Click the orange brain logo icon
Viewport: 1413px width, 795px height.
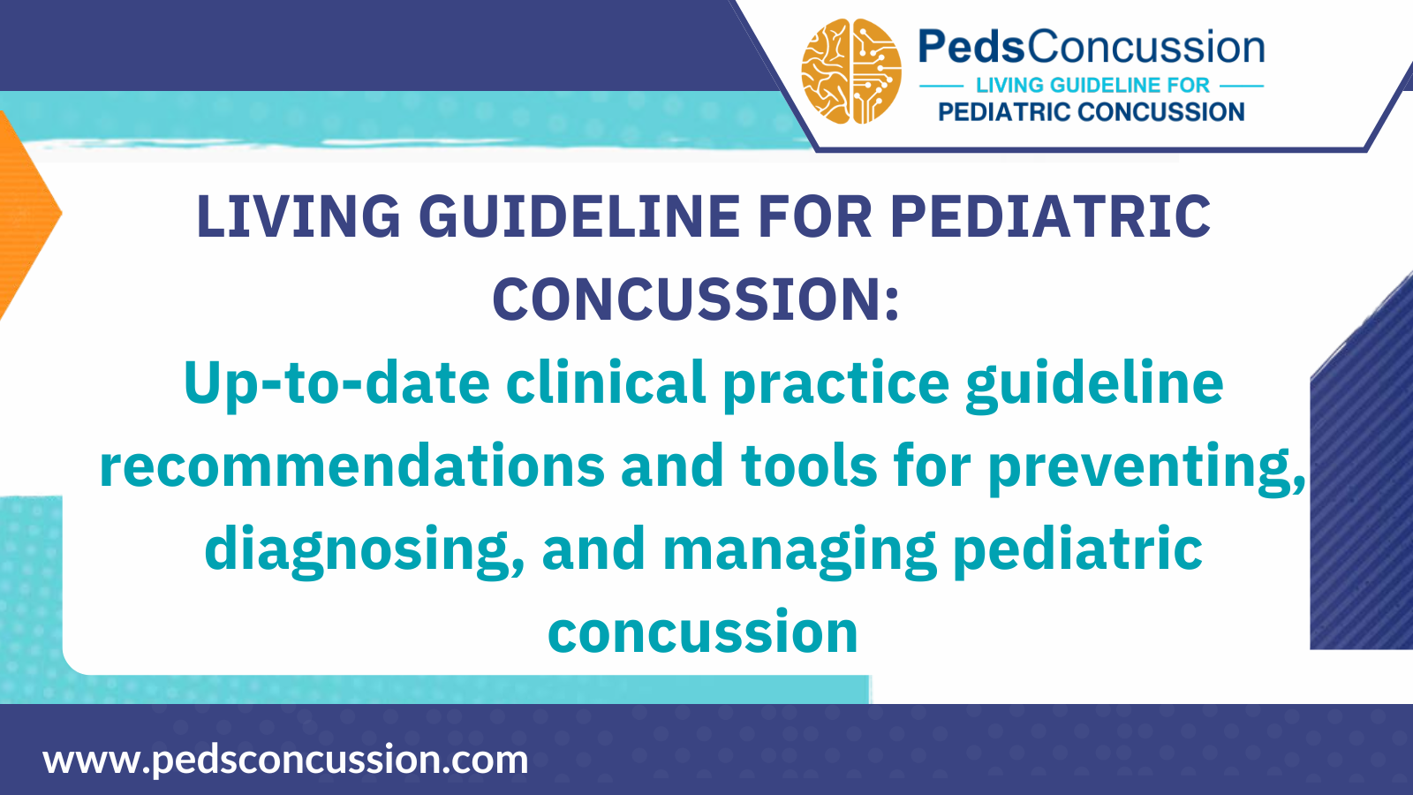pos(851,72)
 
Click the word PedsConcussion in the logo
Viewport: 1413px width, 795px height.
pos(1092,47)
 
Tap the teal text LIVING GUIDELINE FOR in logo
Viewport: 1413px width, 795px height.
pos(1092,86)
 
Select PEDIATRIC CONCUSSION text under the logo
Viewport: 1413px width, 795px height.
pos(1092,112)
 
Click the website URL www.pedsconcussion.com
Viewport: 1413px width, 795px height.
pos(285,760)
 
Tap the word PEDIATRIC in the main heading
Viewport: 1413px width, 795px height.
pos(1050,217)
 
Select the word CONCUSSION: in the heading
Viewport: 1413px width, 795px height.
pos(696,300)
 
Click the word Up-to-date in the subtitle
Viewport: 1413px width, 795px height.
pos(336,383)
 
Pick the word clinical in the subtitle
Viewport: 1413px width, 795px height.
pos(606,383)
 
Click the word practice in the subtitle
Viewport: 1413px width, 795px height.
pos(835,383)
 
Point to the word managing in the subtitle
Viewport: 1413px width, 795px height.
pos(799,549)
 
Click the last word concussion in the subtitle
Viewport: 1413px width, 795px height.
pos(703,632)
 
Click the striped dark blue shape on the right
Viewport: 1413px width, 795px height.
pos(1364,495)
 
